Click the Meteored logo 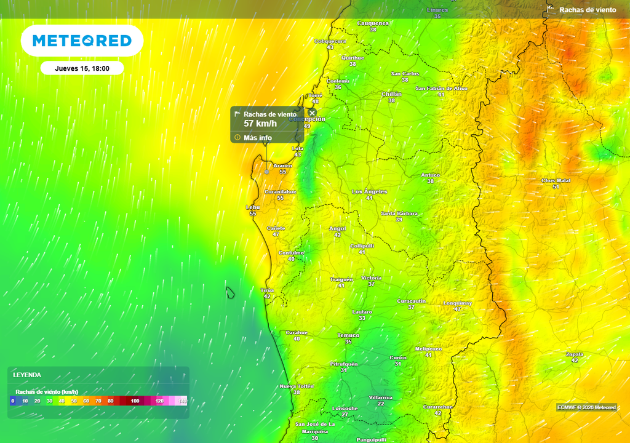(82, 41)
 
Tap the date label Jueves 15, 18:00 (82, 68)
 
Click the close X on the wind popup (312, 113)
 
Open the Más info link (257, 138)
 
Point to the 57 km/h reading (260, 124)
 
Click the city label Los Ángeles (369, 191)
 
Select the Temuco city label (348, 335)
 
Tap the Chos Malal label (556, 180)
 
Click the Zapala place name (574, 354)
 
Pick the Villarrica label (380, 397)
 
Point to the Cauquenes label (373, 23)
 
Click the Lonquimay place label (458, 303)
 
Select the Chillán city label (391, 94)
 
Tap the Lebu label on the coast (253, 207)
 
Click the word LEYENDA (27, 374)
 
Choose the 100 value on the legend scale (135, 401)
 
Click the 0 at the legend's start (12, 401)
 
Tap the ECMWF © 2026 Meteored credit (586, 407)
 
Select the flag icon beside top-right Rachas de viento (551, 9)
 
